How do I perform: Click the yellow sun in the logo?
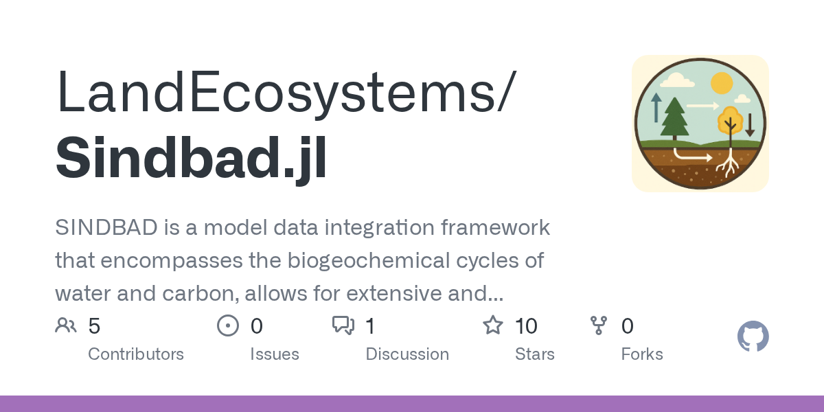pyautogui.click(x=722, y=83)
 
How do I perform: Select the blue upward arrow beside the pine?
pyautogui.click(x=656, y=107)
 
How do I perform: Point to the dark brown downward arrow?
pyautogui.click(x=750, y=124)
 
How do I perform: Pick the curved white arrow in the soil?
pyautogui.click(x=691, y=155)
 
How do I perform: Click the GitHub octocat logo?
pyautogui.click(x=753, y=337)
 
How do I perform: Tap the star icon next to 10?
pyautogui.click(x=493, y=325)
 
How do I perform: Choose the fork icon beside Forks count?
pyautogui.click(x=599, y=325)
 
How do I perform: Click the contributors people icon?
pyautogui.click(x=66, y=325)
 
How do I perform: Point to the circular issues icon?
pyautogui.click(x=227, y=325)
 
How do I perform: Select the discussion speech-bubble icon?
pyautogui.click(x=343, y=325)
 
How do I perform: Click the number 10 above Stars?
pyautogui.click(x=526, y=326)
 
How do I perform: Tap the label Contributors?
pyautogui.click(x=136, y=354)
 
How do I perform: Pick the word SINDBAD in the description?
pyautogui.click(x=106, y=227)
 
